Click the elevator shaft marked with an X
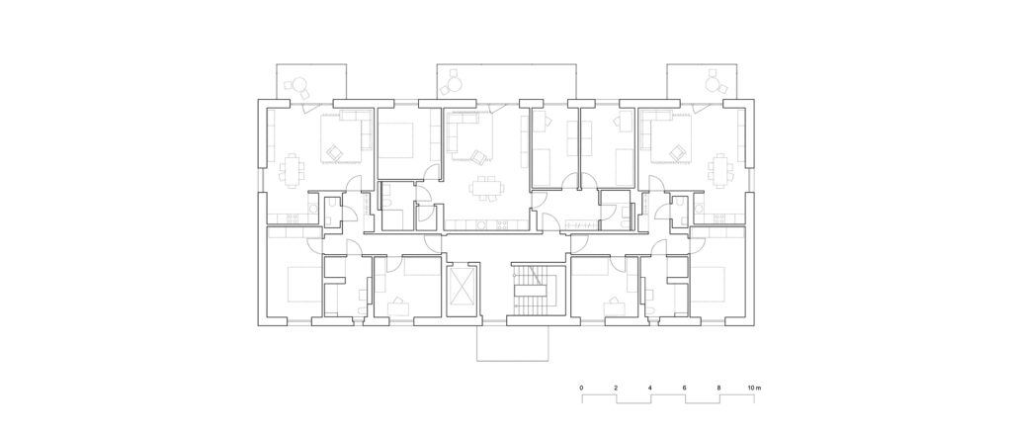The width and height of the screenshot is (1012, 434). click(x=463, y=287)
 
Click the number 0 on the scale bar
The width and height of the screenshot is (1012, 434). click(x=582, y=388)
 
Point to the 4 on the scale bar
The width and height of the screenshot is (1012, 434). click(x=650, y=388)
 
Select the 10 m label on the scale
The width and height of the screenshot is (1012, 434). click(x=755, y=388)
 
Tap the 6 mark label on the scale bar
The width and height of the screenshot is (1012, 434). click(x=684, y=388)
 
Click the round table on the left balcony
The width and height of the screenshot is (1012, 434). click(x=299, y=84)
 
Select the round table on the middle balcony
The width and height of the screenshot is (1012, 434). click(x=455, y=84)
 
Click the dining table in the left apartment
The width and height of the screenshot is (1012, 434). click(x=293, y=170)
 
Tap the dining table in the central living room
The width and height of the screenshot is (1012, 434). click(x=487, y=189)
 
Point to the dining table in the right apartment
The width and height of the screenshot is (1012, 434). click(x=719, y=170)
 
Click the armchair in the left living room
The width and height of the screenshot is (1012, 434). click(x=334, y=152)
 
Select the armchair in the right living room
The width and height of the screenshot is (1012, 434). click(x=677, y=152)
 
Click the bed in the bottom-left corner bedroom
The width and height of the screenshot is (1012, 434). click(x=304, y=284)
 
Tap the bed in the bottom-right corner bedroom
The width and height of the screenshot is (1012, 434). click(x=708, y=284)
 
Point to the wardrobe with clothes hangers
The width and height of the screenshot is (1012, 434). click(x=582, y=224)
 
